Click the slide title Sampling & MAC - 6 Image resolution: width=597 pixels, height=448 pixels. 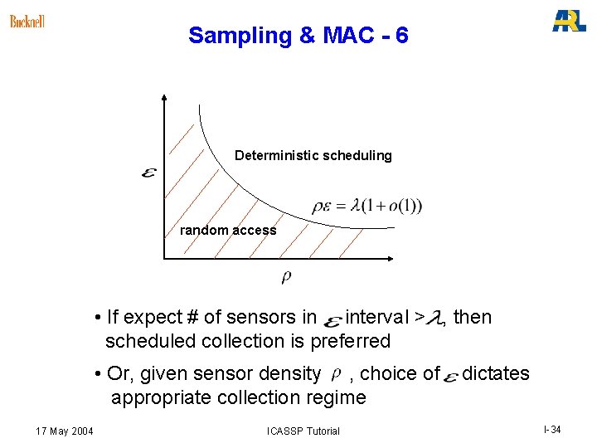coord(298,36)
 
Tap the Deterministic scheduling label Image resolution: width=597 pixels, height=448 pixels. coord(313,155)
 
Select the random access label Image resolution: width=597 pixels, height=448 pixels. coord(228,230)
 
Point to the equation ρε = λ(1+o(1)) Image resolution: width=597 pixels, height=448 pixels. coord(366,206)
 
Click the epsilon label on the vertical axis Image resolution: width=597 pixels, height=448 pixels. coord(150,174)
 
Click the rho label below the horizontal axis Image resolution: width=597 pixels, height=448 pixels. coord(286,276)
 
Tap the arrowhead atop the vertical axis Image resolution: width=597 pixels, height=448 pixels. coord(165,98)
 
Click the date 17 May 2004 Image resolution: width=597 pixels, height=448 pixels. coord(65,430)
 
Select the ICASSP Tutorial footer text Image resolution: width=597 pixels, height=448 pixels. coord(303,431)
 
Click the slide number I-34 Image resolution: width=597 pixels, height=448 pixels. coord(552,429)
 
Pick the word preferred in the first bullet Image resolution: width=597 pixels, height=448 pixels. coord(349,341)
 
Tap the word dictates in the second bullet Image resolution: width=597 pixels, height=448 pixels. coord(495,373)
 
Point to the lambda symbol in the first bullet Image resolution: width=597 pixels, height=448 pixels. coord(434,318)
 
